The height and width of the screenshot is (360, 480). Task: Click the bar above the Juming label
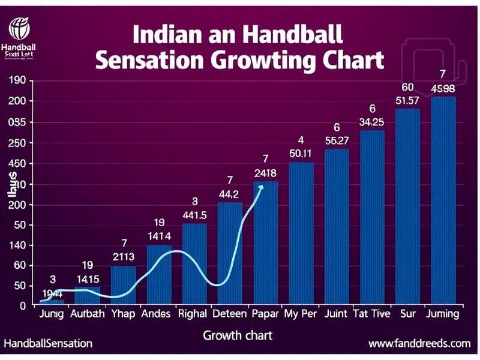point(443,200)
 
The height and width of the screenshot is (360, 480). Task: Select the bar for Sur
point(407,206)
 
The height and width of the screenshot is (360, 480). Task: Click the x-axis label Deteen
point(229,314)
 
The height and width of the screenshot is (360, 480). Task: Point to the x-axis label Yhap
point(123,314)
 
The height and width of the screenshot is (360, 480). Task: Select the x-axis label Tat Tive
point(371,314)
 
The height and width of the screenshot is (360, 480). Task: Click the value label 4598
point(443,89)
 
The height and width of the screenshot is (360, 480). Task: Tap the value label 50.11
point(301,154)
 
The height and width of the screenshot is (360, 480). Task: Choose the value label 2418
point(265,173)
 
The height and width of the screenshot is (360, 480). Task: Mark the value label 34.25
point(371,122)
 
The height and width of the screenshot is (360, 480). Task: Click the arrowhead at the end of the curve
point(260,188)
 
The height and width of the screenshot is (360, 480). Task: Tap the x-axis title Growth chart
point(238,335)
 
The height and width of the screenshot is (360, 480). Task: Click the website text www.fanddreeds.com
point(419,344)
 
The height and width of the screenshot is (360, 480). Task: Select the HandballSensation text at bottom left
point(48,344)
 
